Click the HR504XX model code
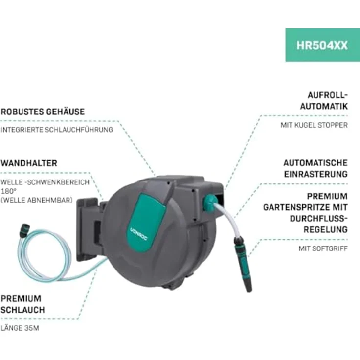click(322, 45)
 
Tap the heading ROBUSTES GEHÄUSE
click(43, 112)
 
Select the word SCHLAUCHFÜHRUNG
click(79, 130)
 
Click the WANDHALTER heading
click(29, 163)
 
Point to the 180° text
click(9, 191)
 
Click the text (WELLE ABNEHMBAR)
click(37, 200)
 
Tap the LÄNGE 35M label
click(20, 328)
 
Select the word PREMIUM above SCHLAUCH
click(21, 299)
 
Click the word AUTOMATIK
click(324, 106)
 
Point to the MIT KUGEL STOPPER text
click(314, 125)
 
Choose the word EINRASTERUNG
click(316, 174)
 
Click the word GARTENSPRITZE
click(293, 207)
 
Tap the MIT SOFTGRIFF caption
click(323, 248)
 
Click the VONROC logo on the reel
click(139, 234)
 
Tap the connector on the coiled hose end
click(25, 230)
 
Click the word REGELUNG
click(326, 229)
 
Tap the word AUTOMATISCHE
click(315, 163)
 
